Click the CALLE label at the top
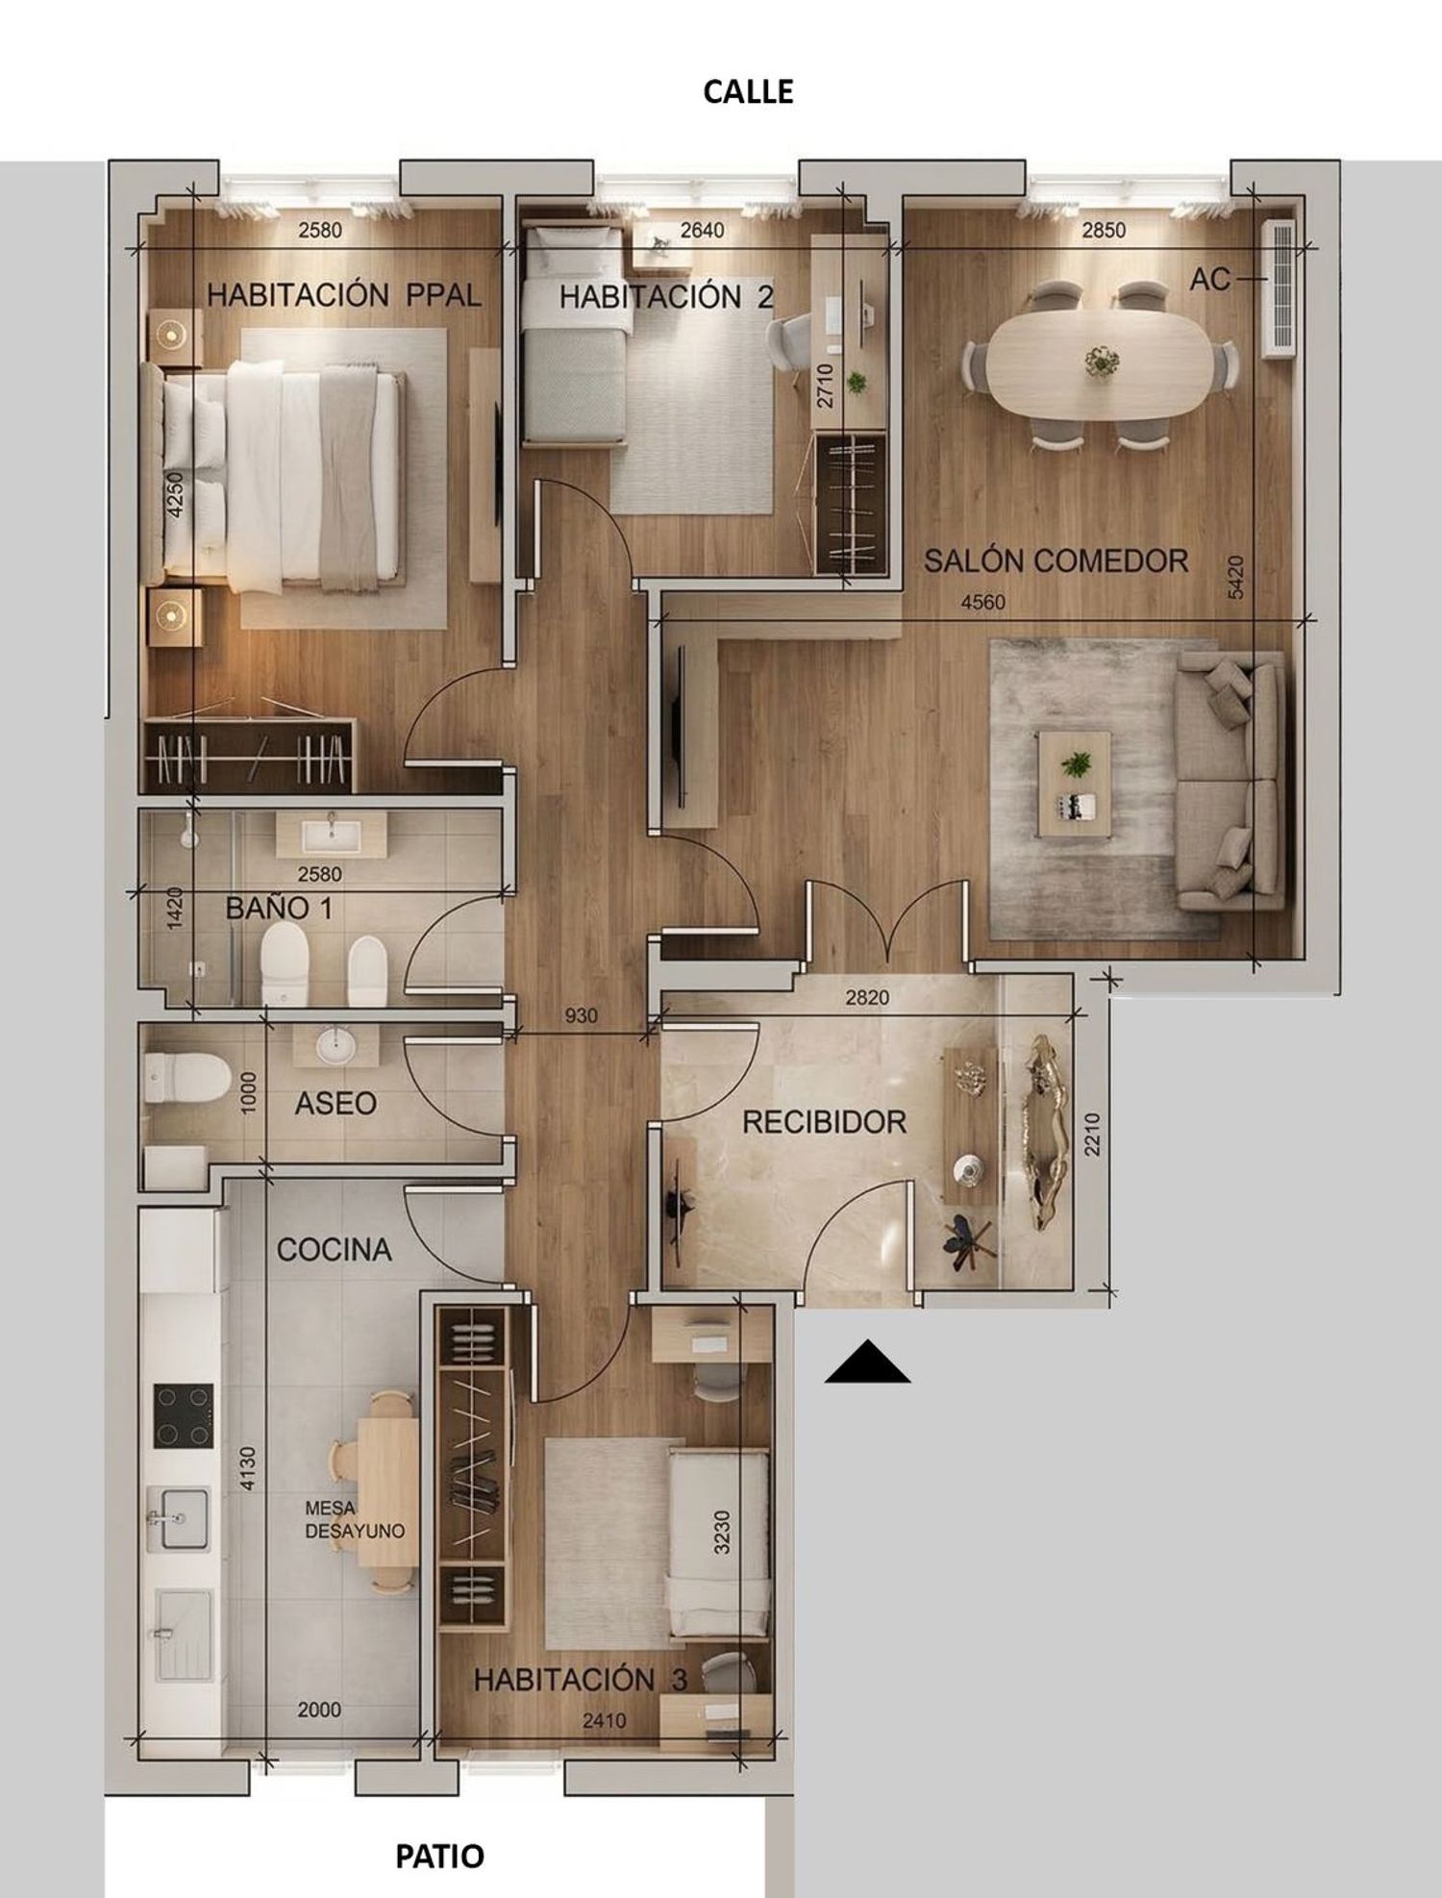coord(748,91)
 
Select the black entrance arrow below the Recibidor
coord(867,1361)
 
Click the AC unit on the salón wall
coord(1279,288)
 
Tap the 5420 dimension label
coord(1236,577)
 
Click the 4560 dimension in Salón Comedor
coord(983,602)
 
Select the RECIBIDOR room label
coord(824,1122)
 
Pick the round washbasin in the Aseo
coord(336,1044)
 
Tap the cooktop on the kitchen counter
coord(184,1415)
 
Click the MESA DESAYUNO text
coord(354,1520)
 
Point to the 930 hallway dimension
coord(581,1015)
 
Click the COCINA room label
coord(334,1250)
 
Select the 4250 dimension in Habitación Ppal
coord(175,494)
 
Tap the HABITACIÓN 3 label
coord(581,1680)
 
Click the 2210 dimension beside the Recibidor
coord(1092,1134)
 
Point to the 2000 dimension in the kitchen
coord(319,1710)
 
